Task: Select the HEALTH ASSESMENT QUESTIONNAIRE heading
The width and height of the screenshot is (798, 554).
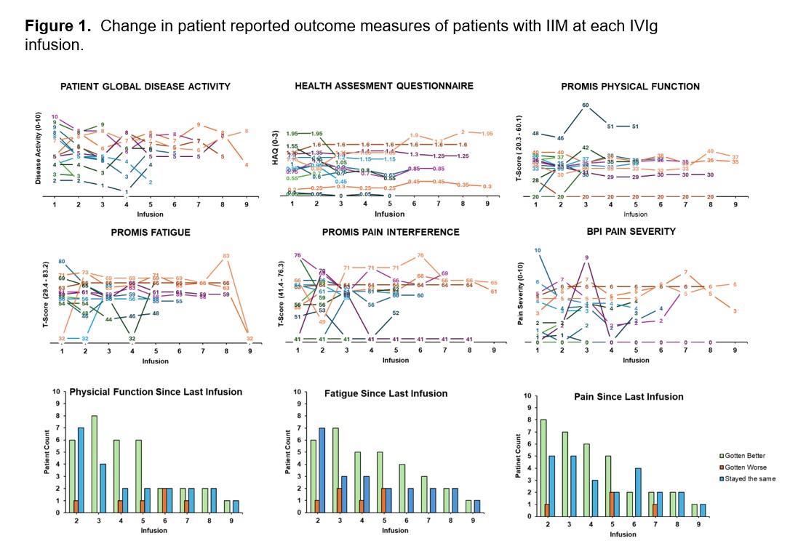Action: [383, 86]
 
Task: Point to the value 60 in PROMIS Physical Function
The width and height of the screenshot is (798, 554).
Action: [585, 105]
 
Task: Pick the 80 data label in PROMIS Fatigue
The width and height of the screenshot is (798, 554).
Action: [63, 262]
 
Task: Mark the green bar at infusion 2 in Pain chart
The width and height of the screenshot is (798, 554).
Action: [543, 466]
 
